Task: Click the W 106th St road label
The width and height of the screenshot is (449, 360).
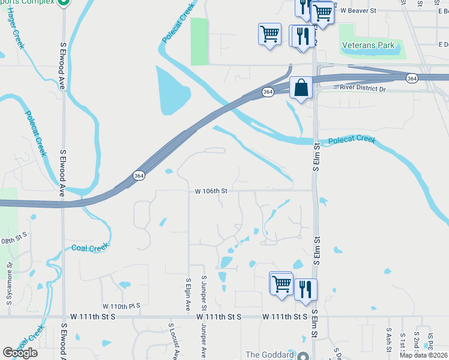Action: (x=211, y=191)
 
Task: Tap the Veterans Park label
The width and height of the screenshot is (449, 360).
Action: (x=368, y=45)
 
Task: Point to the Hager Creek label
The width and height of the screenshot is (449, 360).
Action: (x=17, y=28)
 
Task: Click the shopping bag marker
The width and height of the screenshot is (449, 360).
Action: (x=301, y=88)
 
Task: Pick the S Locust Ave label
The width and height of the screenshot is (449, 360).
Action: (x=171, y=342)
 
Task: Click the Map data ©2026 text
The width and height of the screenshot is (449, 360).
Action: (x=423, y=355)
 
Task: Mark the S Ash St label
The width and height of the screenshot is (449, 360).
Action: (x=389, y=339)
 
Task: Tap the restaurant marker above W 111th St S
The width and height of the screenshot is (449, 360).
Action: (x=306, y=290)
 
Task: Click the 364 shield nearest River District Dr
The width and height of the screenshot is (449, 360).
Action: (x=412, y=79)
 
